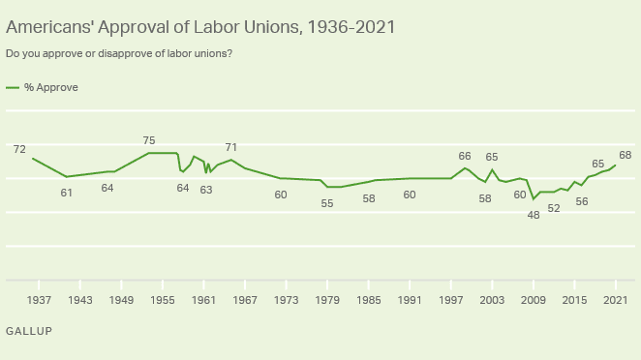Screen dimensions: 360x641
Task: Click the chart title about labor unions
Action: [x=200, y=26]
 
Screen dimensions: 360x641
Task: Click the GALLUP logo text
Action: [x=29, y=331]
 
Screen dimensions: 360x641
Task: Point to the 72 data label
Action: [x=19, y=149]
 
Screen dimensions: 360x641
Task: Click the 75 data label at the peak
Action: [x=149, y=140]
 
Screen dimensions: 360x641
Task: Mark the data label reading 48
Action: [x=534, y=214]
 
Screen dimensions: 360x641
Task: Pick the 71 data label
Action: [x=231, y=147]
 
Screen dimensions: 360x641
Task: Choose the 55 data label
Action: [x=327, y=203]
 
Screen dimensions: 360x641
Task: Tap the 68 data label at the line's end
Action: [x=626, y=155]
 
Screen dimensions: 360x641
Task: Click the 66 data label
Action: [x=465, y=156]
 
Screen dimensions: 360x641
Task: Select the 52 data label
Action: [x=554, y=208]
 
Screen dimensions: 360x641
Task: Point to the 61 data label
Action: [x=67, y=193]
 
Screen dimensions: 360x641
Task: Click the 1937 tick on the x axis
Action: [x=40, y=300]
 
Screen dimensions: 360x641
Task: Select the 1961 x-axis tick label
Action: [x=204, y=300]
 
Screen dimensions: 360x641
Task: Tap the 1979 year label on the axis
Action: [x=327, y=300]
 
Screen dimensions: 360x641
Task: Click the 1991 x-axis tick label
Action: [x=410, y=300]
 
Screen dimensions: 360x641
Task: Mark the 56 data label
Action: [x=582, y=201]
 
